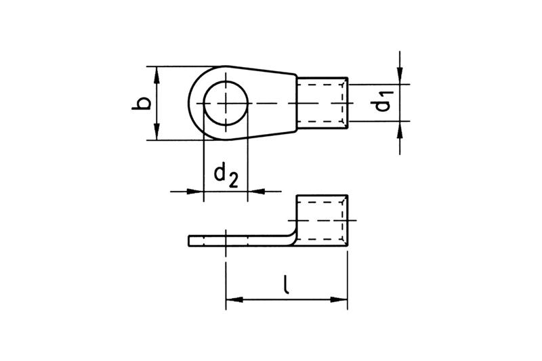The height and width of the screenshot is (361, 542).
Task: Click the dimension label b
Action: tap(141, 104)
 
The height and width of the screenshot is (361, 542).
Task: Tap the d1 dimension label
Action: tap(383, 102)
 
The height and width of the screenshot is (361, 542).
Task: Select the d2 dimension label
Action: tap(226, 175)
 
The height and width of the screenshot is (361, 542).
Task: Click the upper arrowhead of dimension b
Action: tap(157, 75)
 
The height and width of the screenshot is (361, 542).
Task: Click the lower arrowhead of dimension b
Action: tap(157, 131)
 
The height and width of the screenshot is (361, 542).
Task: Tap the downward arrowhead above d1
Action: tap(400, 76)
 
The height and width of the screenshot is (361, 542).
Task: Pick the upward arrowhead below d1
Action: tap(400, 129)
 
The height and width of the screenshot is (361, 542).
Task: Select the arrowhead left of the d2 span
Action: tap(195, 191)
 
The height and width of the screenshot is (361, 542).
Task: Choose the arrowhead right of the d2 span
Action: tap(257, 191)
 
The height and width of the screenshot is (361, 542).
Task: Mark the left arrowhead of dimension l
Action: tap(234, 299)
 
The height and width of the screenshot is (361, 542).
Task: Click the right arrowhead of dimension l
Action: tap(339, 299)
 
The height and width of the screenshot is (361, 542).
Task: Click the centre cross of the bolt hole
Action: tap(226, 104)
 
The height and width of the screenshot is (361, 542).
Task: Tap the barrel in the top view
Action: tap(322, 104)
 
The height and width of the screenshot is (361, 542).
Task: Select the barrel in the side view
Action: tap(322, 220)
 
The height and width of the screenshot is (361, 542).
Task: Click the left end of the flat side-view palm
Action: tap(189, 241)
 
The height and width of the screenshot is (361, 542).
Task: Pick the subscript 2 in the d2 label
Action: tap(233, 181)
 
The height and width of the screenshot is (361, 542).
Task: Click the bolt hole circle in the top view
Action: tap(226, 81)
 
